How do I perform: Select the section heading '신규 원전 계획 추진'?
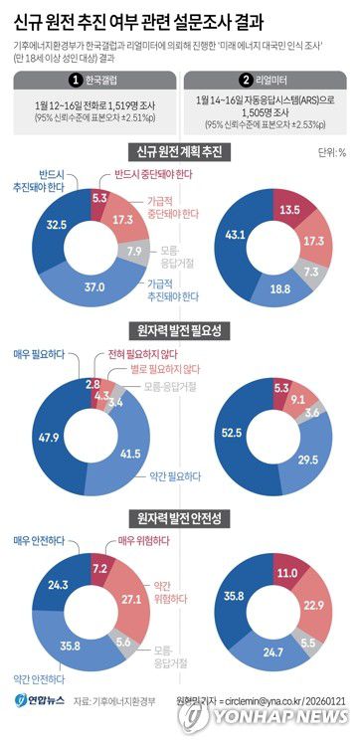(x=180, y=152)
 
